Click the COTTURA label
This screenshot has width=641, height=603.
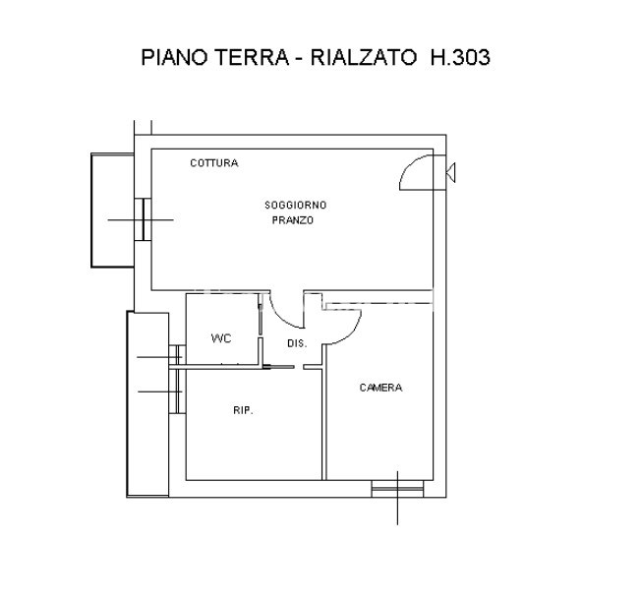[x=213, y=163]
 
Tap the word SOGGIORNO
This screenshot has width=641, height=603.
[x=295, y=205]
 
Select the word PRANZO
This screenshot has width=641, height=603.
[x=293, y=220]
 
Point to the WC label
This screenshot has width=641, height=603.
[x=221, y=338]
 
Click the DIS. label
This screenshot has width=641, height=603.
[x=297, y=343]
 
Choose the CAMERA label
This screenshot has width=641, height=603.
[x=380, y=388]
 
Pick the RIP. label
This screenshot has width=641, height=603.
[x=243, y=410]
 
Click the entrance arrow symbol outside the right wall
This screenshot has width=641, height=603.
[x=450, y=172]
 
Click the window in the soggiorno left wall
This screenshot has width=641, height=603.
[x=144, y=219]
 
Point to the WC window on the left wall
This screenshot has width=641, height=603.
[x=177, y=355]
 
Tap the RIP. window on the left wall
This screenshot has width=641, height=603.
[x=177, y=392]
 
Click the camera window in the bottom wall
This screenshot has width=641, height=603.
[x=397, y=489]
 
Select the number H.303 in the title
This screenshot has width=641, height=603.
[x=460, y=57]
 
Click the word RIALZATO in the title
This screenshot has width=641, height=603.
[x=364, y=57]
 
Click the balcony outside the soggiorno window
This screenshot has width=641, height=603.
[x=112, y=211]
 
